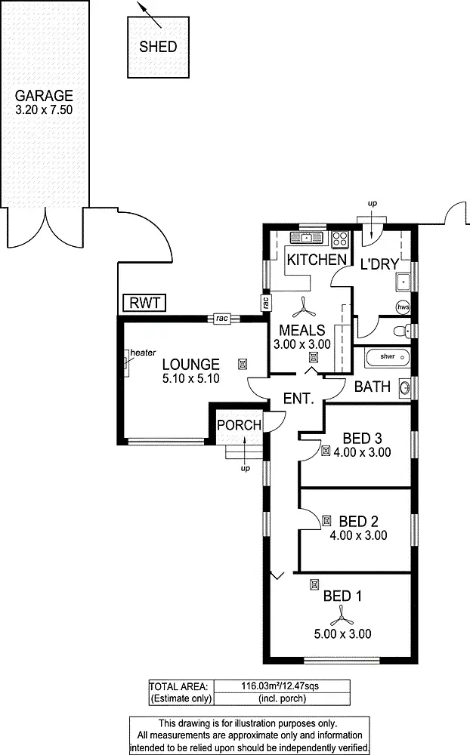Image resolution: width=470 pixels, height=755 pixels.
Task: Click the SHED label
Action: point(159,47)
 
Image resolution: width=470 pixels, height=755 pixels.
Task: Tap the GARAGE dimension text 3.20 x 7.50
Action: point(44,110)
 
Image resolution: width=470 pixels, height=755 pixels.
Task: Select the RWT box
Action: point(144,304)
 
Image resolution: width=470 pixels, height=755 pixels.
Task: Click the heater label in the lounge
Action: point(142,353)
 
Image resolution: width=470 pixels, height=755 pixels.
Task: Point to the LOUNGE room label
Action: point(191,364)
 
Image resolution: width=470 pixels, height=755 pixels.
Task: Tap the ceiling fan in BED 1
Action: point(342,615)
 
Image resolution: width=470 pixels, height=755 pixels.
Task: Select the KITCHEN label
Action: point(316,260)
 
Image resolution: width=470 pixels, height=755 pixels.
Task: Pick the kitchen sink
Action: point(306,239)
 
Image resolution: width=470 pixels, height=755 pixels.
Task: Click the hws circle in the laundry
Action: point(404,307)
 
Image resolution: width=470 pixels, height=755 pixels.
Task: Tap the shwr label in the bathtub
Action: point(388,356)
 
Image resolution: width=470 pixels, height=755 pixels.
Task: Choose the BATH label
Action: point(373,387)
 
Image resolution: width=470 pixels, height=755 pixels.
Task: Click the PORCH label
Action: point(239,425)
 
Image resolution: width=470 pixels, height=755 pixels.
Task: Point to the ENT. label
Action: point(298,399)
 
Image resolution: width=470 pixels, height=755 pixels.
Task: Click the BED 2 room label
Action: point(358,521)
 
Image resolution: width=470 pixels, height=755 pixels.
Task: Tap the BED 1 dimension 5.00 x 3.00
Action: point(343,634)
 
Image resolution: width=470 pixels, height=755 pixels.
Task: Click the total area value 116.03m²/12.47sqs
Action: point(282,686)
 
